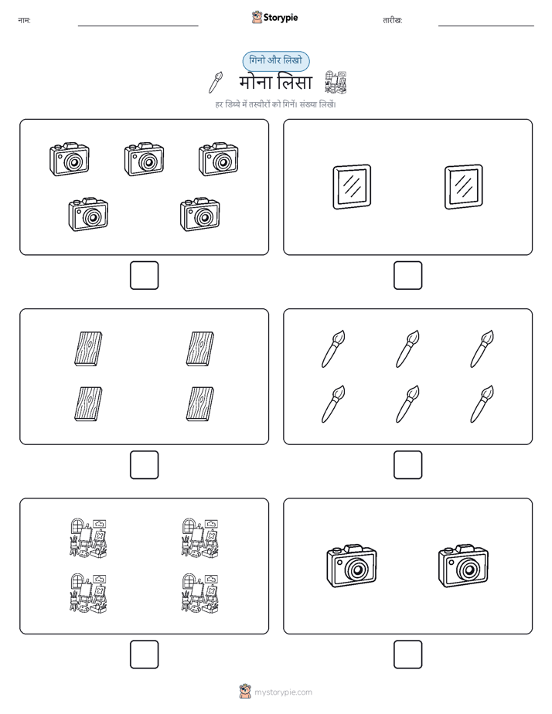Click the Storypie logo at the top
[274, 17]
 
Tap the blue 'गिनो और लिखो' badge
[276, 61]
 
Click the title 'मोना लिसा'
[275, 83]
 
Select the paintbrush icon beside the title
[216, 82]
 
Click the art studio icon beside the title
[336, 82]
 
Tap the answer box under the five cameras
[145, 276]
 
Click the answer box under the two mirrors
[407, 276]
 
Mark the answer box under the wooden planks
[145, 465]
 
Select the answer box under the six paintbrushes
[407, 465]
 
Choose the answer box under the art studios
[145, 654]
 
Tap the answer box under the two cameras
[407, 654]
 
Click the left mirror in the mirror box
[352, 187]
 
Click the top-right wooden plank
[200, 348]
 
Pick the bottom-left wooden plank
[88, 404]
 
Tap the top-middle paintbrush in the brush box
[407, 348]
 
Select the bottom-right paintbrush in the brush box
[482, 404]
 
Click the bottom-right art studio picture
[200, 593]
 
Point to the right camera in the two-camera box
[463, 566]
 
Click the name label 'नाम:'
[24, 21]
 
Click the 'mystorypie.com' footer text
[283, 692]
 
